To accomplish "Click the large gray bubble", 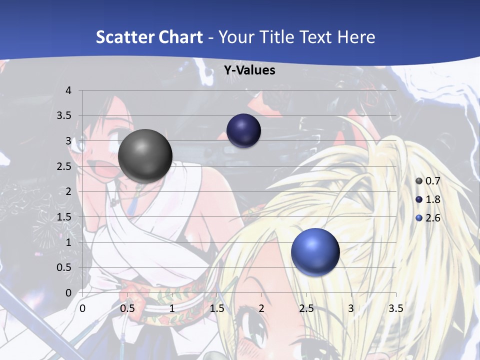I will tap(145, 156).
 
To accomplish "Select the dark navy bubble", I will tap(244, 130).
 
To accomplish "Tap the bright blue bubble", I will tap(315, 252).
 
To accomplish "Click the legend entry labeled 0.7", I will tap(428, 181).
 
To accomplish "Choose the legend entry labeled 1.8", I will tap(428, 199).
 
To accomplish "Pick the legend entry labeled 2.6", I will tap(428, 218).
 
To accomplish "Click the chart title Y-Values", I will tap(249, 70).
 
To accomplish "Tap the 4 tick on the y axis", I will tap(68, 90).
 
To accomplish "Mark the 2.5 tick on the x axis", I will tap(306, 308).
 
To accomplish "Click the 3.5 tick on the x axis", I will tap(395, 308).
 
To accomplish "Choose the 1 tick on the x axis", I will tap(172, 308).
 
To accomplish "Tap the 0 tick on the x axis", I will tap(82, 308).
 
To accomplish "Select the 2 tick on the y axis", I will tap(68, 191).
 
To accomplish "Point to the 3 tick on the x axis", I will tap(351, 308).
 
